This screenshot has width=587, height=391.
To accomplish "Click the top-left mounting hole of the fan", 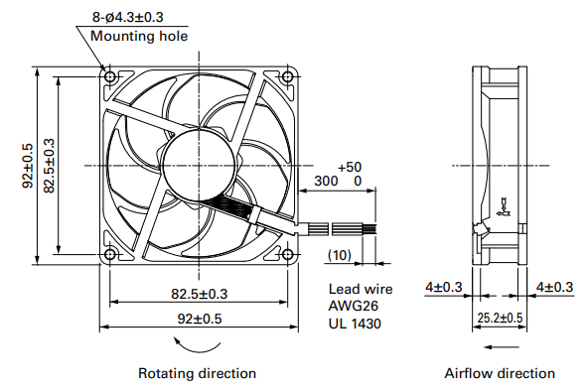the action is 109,76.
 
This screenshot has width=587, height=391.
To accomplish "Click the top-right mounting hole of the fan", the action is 287,76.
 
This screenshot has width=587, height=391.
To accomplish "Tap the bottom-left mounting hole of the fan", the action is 109,254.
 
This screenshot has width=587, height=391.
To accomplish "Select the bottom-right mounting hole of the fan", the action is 287,254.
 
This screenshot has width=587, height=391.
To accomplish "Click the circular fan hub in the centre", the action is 200,166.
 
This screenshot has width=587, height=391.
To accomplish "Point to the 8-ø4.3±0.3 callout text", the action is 128,17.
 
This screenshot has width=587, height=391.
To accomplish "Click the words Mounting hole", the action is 139,37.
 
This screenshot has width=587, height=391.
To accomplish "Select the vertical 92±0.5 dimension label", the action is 28,166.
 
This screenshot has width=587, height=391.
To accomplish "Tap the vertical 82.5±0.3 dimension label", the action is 49,166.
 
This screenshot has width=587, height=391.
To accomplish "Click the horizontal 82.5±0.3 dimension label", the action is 200,294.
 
